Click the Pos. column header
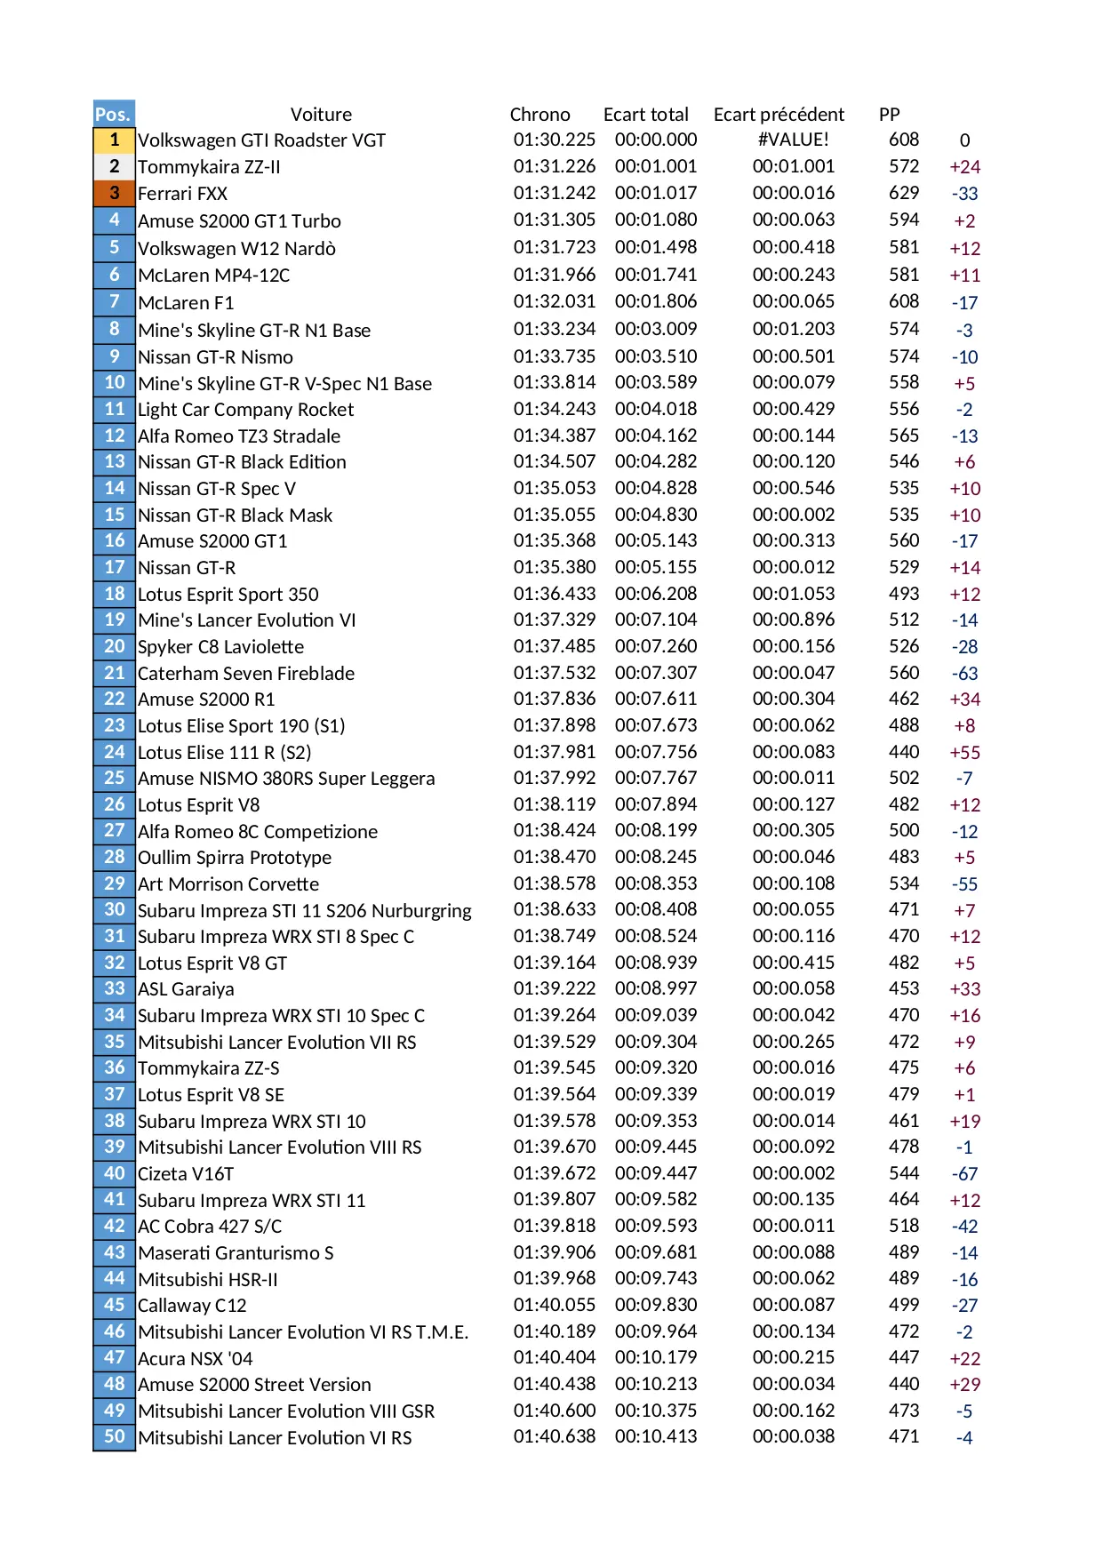pyautogui.click(x=114, y=114)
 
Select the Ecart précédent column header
pyautogui.click(x=779, y=115)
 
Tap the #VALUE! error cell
pyautogui.click(x=793, y=140)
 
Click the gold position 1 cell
pyautogui.click(x=114, y=140)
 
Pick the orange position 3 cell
pyautogui.click(x=114, y=193)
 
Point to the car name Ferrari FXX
pyautogui.click(x=182, y=194)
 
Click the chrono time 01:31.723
pyautogui.click(x=554, y=247)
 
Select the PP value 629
pyautogui.click(x=904, y=193)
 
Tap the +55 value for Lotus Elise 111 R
pyautogui.click(x=964, y=753)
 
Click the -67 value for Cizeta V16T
pyautogui.click(x=964, y=1174)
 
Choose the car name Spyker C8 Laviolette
pyautogui.click(x=220, y=647)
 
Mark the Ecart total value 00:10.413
pyautogui.click(x=655, y=1436)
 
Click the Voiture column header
pyautogui.click(x=321, y=115)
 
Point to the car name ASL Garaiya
pyautogui.click(x=186, y=989)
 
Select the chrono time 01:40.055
pyautogui.click(x=554, y=1305)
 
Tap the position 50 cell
pyautogui.click(x=114, y=1436)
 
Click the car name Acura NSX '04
pyautogui.click(x=195, y=1359)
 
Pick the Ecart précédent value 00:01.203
pyautogui.click(x=793, y=329)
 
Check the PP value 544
pyautogui.click(x=904, y=1173)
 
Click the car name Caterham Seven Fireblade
pyautogui.click(x=245, y=674)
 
